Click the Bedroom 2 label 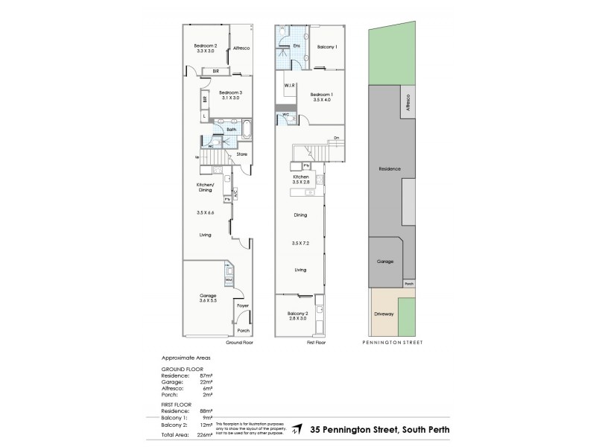point(206,46)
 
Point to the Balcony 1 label point(327,47)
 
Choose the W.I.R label point(290,86)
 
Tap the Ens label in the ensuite point(296,46)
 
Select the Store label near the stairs point(241,154)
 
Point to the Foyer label point(242,305)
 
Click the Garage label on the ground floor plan point(209,296)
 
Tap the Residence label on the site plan point(390,169)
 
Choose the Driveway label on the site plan point(384,314)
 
